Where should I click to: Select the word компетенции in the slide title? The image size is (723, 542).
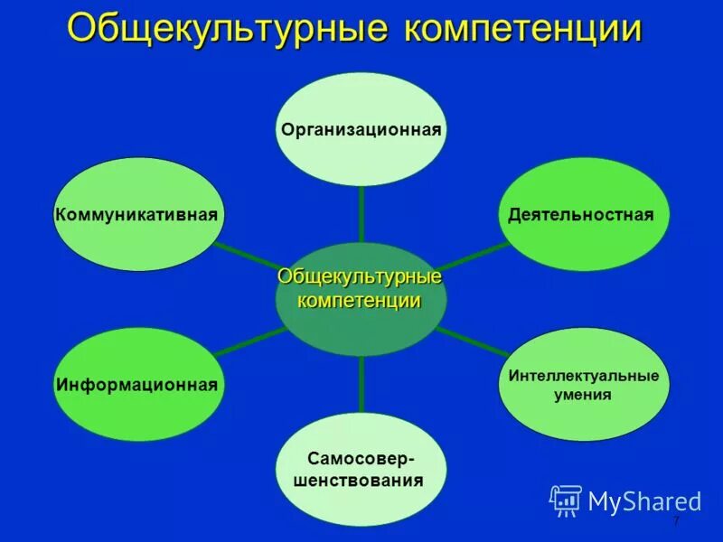522,29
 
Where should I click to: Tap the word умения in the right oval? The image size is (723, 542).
583,395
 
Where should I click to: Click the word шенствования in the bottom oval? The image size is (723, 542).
359,481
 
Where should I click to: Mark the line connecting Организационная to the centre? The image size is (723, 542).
361,214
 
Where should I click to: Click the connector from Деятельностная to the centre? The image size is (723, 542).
470,257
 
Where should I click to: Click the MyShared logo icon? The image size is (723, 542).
566,500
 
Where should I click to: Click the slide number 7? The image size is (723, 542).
675,525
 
